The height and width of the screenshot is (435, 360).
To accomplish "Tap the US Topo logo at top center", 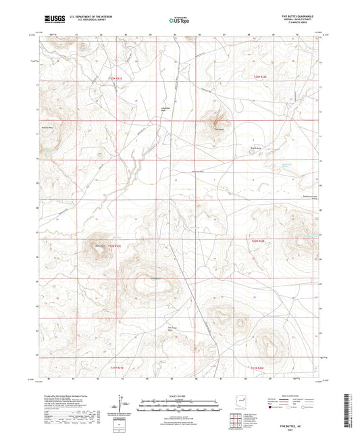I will (179, 21).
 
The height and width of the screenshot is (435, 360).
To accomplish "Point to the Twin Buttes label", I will (218, 130).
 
